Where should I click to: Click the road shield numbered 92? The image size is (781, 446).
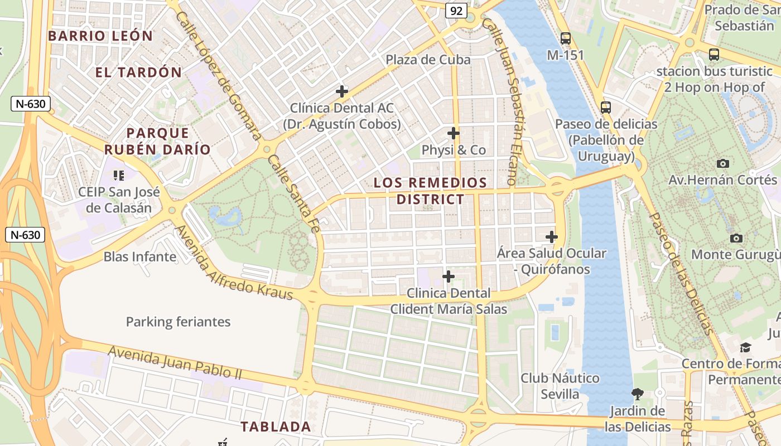[x=456, y=11]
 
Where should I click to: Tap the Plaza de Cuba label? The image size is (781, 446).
[x=428, y=60]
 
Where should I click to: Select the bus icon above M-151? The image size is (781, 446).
[x=566, y=38]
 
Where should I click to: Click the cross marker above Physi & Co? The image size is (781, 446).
[x=454, y=133]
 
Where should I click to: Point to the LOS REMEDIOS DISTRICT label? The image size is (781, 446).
[x=430, y=191]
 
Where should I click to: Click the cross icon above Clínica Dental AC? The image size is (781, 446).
[x=342, y=91]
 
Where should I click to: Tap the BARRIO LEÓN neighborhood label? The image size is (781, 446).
[x=100, y=36]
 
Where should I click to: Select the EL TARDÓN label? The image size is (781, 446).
[x=138, y=72]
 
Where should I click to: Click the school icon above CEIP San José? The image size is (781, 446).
[x=118, y=176]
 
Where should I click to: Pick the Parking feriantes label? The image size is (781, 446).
[x=178, y=322]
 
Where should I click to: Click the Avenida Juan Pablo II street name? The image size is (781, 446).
[x=175, y=362]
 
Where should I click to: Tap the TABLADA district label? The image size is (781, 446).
[x=276, y=427]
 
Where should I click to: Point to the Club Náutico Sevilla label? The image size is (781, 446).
[x=560, y=386]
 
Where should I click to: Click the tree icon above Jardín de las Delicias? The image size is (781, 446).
[x=638, y=394]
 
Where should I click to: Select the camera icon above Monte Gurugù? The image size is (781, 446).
[x=736, y=238]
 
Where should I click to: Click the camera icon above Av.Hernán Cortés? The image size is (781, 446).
[x=723, y=163]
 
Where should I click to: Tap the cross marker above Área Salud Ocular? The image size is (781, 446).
[x=552, y=237]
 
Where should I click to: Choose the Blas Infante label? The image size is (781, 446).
[x=140, y=257]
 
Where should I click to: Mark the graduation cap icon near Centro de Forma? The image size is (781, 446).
[x=746, y=348]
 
